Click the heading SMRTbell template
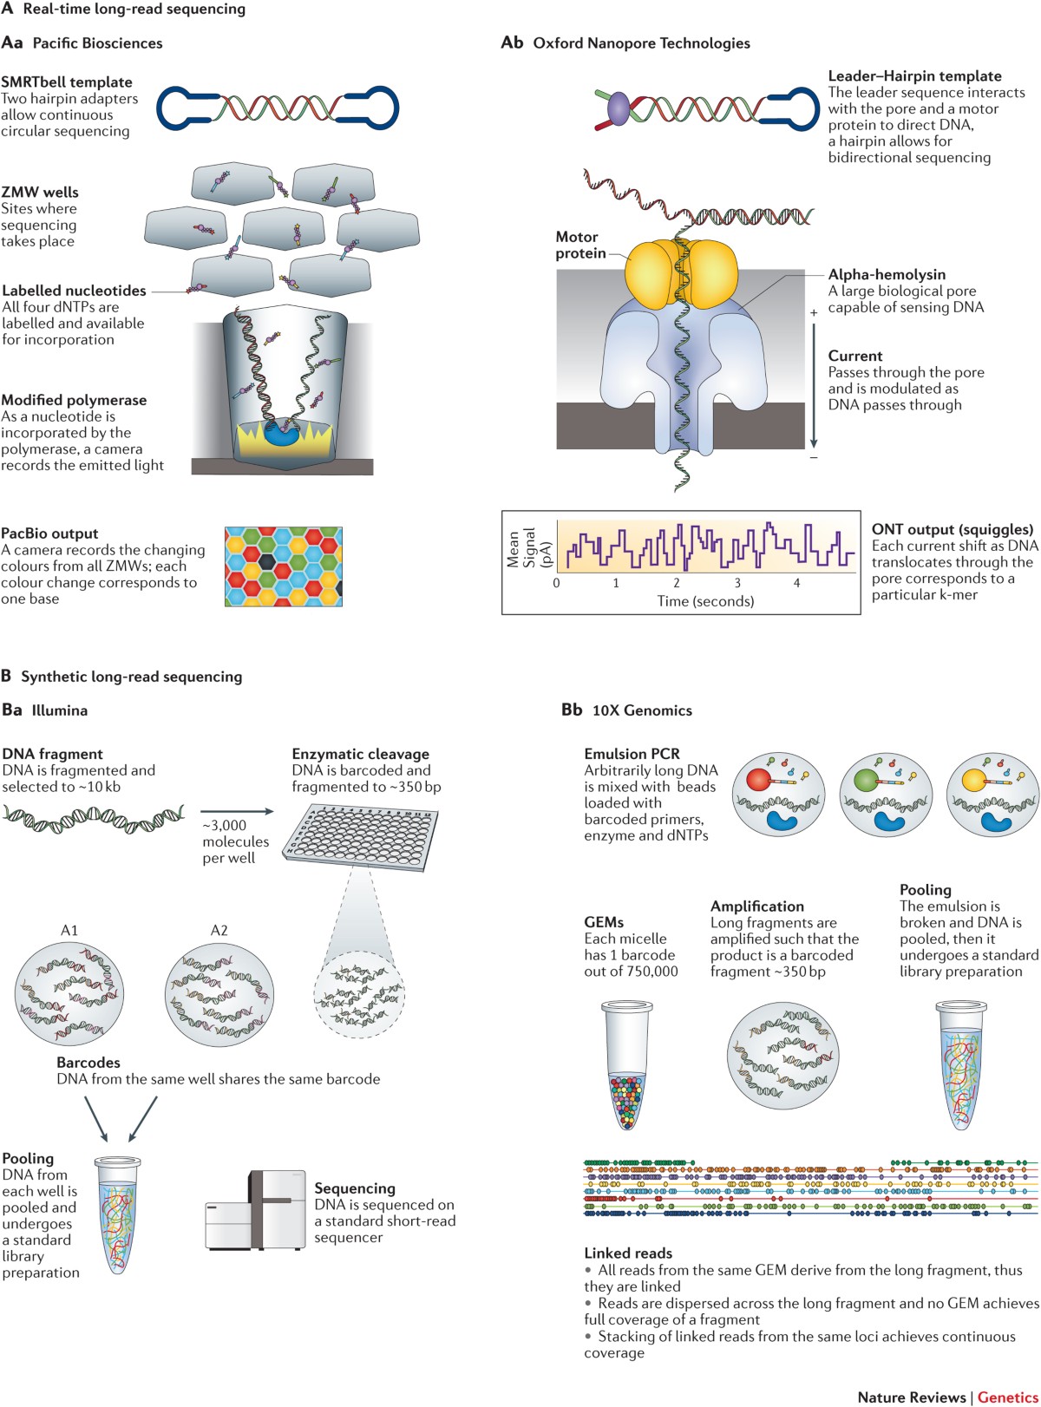[x=67, y=82]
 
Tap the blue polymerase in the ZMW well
[x=281, y=435]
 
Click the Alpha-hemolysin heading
[x=887, y=275]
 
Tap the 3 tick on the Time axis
[x=737, y=583]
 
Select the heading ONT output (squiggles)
[x=953, y=529]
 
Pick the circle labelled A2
[x=219, y=993]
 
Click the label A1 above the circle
[x=69, y=931]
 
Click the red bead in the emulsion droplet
[x=757, y=779]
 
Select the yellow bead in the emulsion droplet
[x=974, y=780]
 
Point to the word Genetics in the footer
[x=1007, y=1397]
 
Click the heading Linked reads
[x=628, y=1253]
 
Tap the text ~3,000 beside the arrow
[x=225, y=825]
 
